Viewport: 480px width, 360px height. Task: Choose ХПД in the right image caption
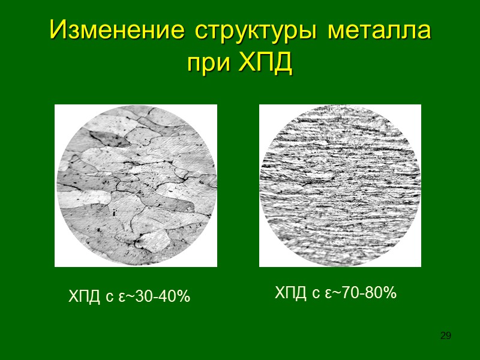pos(291,293)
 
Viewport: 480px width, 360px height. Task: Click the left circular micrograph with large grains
pos(136,185)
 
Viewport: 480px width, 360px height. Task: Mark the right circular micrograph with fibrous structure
pos(340,185)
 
